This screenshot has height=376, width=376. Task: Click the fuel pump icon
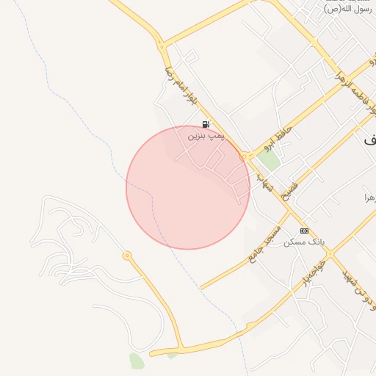coord(206,125)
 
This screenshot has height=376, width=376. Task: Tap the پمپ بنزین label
coord(206,136)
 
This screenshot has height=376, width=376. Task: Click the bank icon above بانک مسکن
coord(304,231)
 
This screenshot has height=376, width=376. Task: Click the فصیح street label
coord(289,192)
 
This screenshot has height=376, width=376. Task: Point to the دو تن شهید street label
coord(359,288)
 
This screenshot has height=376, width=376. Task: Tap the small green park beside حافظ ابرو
coord(268,160)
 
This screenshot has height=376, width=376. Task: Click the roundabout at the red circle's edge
coord(242,156)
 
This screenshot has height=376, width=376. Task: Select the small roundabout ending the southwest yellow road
coord(127,256)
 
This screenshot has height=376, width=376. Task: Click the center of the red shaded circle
coord(188,187)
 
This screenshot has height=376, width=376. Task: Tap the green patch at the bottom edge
coord(137,361)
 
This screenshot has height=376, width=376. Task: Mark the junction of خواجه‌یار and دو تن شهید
coord(330,255)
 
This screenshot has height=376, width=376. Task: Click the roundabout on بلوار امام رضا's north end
coord(161,46)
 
